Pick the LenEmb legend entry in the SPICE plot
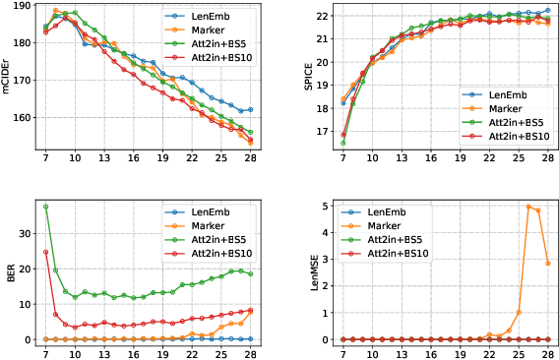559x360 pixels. point(510,94)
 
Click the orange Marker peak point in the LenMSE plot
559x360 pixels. point(528,207)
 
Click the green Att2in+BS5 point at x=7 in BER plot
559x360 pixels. point(46,207)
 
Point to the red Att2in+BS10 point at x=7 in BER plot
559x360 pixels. point(46,252)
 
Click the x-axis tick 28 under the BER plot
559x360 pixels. point(250,353)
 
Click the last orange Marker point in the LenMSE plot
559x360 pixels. point(547,264)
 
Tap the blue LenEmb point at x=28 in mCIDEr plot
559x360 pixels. point(250,109)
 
